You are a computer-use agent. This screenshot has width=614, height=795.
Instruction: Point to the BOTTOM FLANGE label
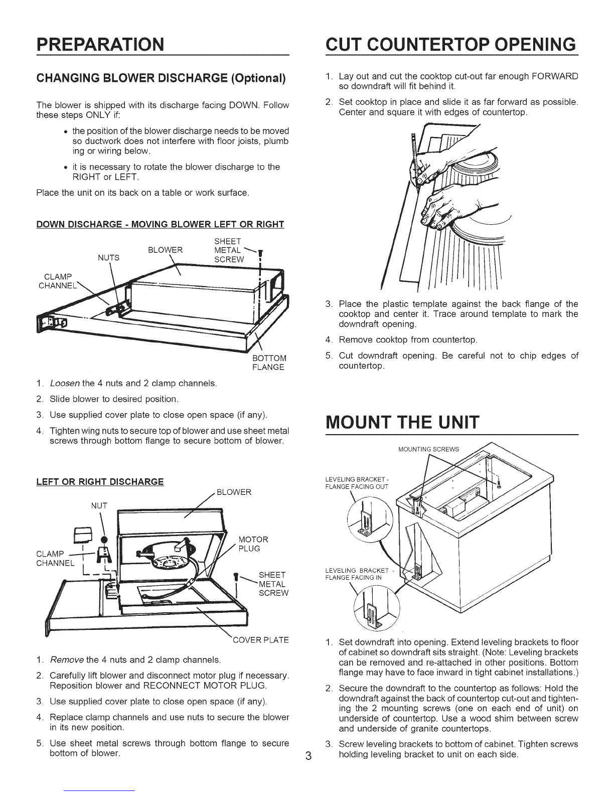point(269,362)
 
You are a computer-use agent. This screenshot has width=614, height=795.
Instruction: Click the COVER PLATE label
point(261,640)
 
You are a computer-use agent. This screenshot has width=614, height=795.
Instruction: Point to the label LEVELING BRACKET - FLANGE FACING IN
point(357,573)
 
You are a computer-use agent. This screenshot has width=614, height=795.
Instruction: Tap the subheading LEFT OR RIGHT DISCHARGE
point(100,482)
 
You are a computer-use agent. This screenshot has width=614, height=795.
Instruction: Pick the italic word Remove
point(67,659)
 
